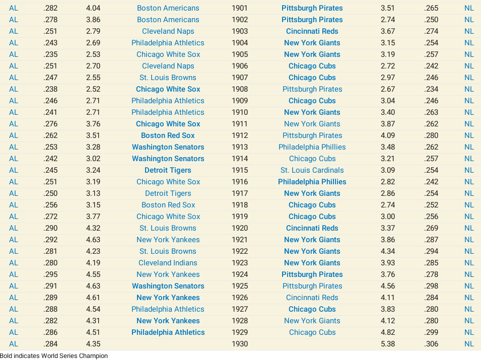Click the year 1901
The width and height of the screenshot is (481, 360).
(x=240, y=8)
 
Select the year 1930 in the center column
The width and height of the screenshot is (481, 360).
(x=240, y=344)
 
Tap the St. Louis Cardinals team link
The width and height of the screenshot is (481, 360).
(x=312, y=170)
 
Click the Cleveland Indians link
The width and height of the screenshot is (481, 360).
(x=168, y=263)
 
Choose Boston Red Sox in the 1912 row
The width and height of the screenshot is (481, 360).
(x=168, y=135)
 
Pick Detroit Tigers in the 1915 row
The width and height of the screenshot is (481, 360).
(x=168, y=170)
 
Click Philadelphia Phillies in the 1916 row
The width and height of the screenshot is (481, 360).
(x=312, y=182)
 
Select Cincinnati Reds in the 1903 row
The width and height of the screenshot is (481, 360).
(x=312, y=31)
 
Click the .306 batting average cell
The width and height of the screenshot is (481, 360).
(x=431, y=344)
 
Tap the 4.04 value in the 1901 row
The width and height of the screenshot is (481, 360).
(x=93, y=8)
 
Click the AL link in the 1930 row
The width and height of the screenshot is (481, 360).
(x=14, y=344)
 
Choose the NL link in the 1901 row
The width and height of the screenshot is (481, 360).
(x=469, y=8)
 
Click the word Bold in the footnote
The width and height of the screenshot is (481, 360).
(x=7, y=355)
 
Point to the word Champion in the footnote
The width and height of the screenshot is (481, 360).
(x=93, y=355)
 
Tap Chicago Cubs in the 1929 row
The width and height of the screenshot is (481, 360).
(x=312, y=332)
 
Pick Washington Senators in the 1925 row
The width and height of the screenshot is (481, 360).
(x=168, y=286)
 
